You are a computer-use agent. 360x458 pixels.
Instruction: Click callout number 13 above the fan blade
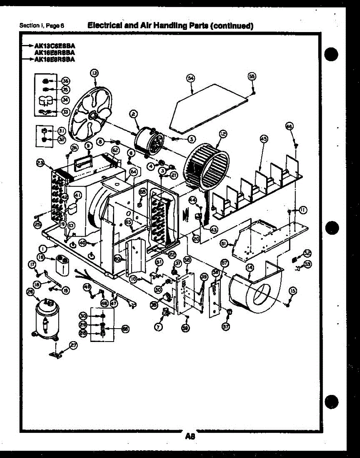(94, 73)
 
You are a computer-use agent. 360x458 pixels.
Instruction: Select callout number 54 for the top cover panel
(190, 78)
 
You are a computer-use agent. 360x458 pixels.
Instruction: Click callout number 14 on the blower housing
(249, 268)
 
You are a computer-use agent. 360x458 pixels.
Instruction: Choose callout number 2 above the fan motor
(133, 113)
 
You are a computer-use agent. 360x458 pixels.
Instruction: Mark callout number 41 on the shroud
(77, 195)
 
